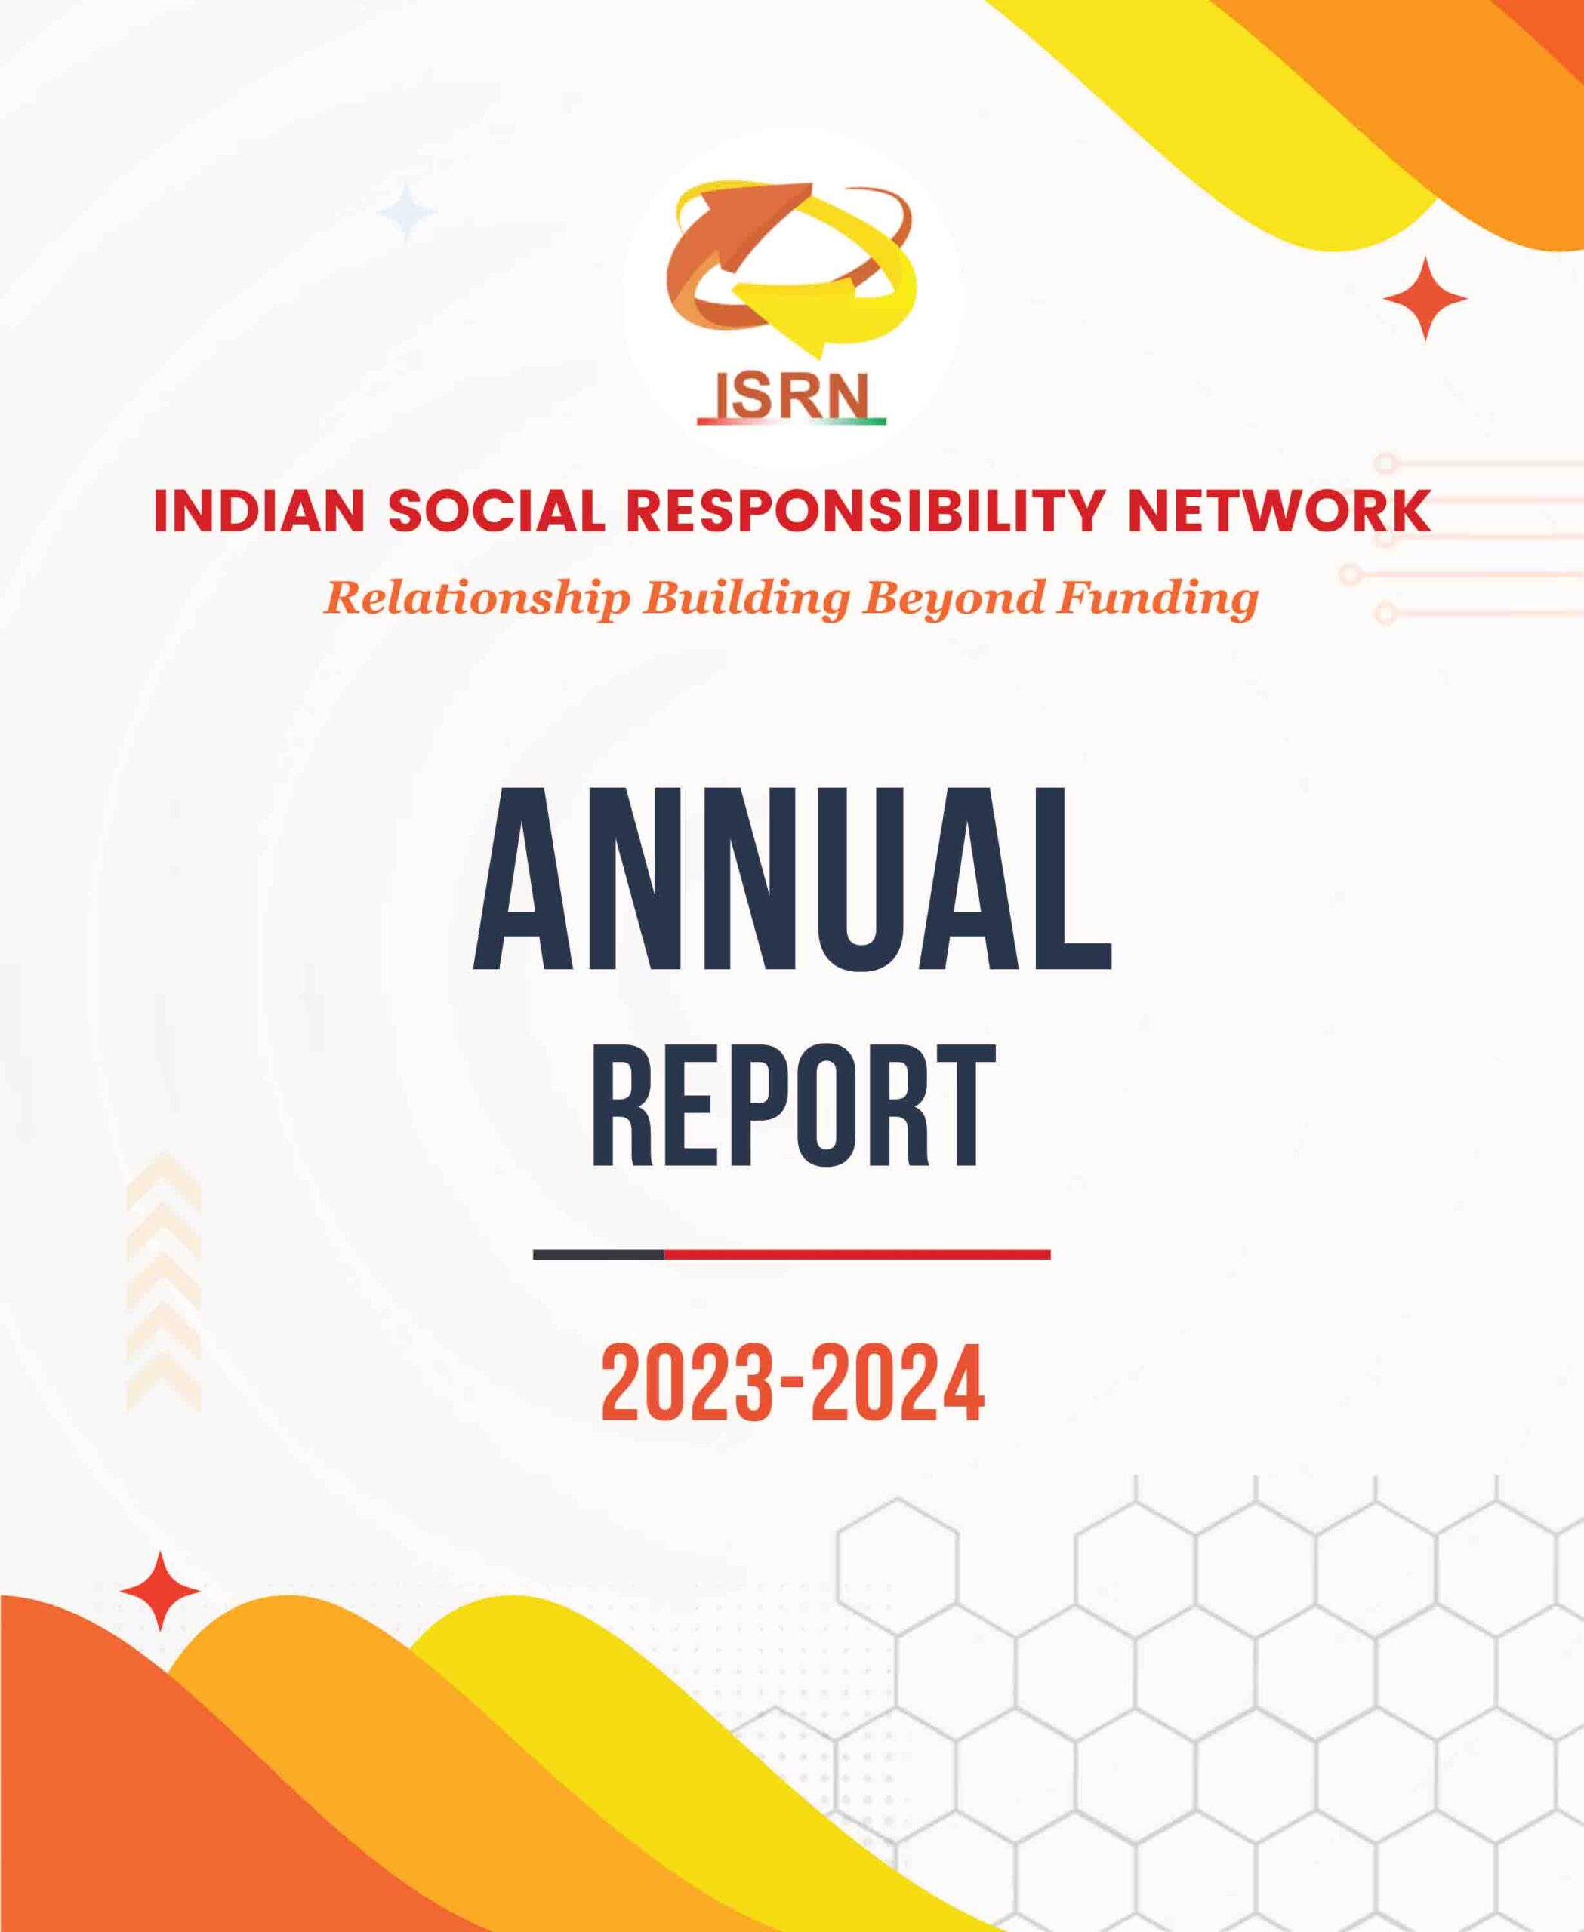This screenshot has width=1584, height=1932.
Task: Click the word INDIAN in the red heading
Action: (x=260, y=511)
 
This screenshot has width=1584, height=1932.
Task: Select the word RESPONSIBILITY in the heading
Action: (x=866, y=511)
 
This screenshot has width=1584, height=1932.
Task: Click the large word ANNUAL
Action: (x=791, y=880)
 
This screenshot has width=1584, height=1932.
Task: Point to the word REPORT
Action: (x=792, y=1106)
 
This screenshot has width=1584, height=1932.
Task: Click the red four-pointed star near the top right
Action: (x=1425, y=298)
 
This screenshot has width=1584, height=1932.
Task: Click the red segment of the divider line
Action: (x=857, y=1255)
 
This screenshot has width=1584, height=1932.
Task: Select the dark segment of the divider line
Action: (x=598, y=1255)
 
